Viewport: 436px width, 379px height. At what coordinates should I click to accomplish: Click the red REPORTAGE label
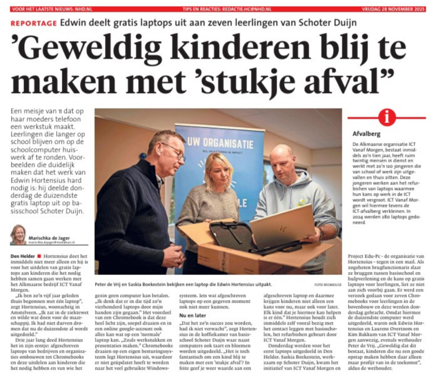[34, 23]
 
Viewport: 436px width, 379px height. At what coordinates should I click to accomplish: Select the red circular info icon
[387, 117]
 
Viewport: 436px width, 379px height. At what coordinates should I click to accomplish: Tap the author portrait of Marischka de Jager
[18, 235]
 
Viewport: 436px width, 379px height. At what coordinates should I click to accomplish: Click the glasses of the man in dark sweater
[175, 151]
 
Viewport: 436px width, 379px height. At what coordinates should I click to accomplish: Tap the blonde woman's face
[220, 172]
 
